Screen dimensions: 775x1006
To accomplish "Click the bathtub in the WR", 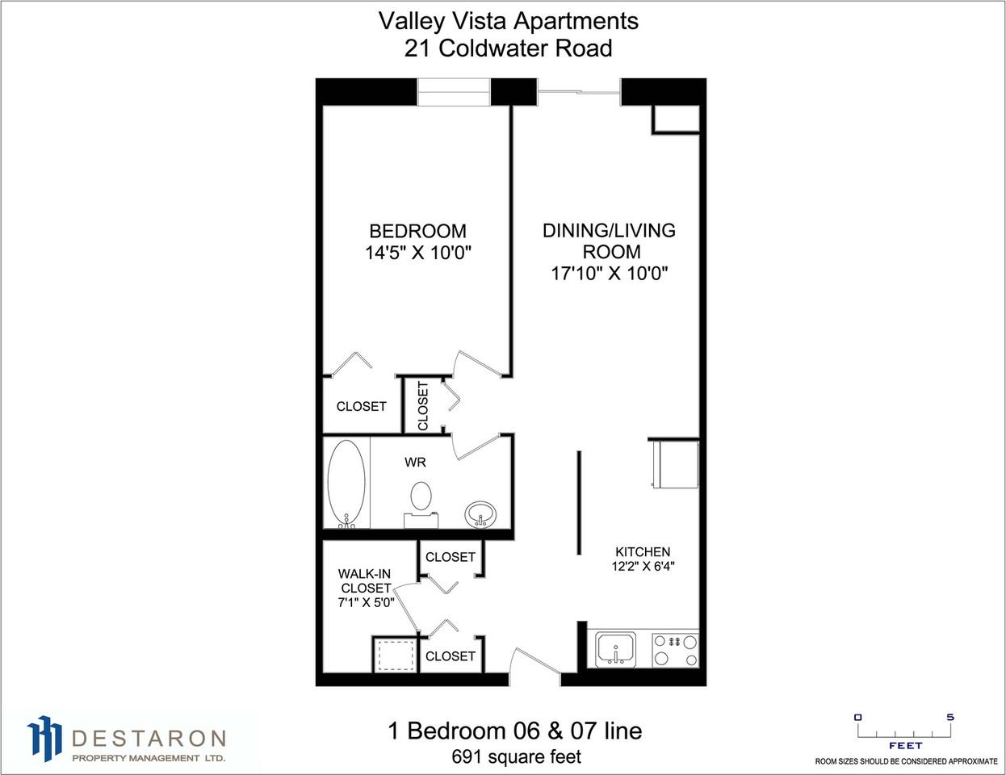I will point(347,484).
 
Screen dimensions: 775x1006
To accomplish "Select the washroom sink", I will point(481,513).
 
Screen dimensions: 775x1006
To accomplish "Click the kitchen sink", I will point(615,649).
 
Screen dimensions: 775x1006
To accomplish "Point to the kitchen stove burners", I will point(675,649).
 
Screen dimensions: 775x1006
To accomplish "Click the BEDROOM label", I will point(417,231).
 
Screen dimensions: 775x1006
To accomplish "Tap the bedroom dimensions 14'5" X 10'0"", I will point(417,253).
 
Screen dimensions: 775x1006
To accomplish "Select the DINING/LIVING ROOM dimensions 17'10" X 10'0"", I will point(609,273).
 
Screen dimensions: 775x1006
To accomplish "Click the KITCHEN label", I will point(643,552).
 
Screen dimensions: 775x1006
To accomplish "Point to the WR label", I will point(415,463).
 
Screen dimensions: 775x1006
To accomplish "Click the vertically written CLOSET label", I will point(424,405).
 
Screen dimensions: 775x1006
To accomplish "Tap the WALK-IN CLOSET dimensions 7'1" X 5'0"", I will point(366,602).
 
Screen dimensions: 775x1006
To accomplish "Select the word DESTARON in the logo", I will point(149,738).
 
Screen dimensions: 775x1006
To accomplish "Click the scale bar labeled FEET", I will point(904,731).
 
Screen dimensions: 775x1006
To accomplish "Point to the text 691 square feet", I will point(516,757).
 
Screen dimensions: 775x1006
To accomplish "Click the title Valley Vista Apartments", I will point(509,21).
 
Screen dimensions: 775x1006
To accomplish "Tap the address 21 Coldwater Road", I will point(509,48).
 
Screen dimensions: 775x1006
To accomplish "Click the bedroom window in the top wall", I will point(454,91).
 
